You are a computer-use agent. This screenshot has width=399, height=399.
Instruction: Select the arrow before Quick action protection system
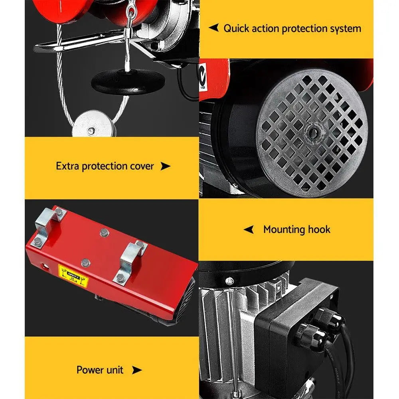pyautogui.click(x=214, y=28)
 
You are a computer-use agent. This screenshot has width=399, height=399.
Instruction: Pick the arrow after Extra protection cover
pyautogui.click(x=165, y=166)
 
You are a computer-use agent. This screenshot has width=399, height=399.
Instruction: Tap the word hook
pyautogui.click(x=319, y=229)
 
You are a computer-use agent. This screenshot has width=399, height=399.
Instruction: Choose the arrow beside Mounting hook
pyautogui.click(x=249, y=229)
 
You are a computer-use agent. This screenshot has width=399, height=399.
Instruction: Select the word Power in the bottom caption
pyautogui.click(x=89, y=370)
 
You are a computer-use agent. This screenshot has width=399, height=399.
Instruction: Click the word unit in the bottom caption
pyautogui.click(x=114, y=370)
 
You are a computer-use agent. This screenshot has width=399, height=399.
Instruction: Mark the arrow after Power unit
pyautogui.click(x=136, y=370)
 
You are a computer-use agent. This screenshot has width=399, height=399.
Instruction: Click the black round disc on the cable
pyautogui.click(x=128, y=81)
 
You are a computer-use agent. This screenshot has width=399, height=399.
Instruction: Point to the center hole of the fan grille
pyautogui.click(x=312, y=130)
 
